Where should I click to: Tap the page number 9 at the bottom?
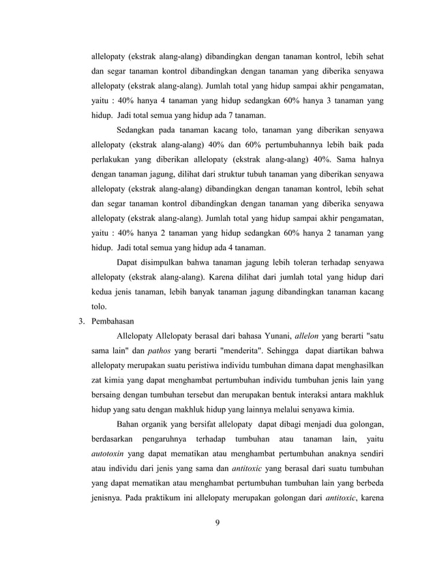pyautogui.click(x=216, y=524)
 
